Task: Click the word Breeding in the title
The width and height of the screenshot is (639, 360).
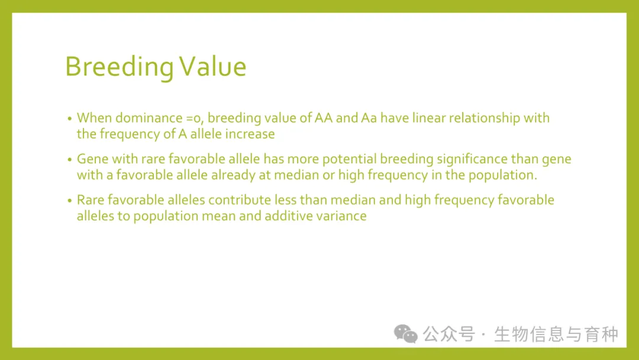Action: pyautogui.click(x=120, y=67)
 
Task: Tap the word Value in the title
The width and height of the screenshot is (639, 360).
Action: pyautogui.click(x=213, y=66)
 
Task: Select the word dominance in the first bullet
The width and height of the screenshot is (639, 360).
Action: pyautogui.click(x=149, y=118)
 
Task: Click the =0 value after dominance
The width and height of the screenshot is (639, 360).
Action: pyautogui.click(x=195, y=118)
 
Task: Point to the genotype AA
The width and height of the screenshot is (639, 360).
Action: pyautogui.click(x=324, y=118)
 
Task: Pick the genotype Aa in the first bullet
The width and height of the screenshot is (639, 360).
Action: pyautogui.click(x=369, y=118)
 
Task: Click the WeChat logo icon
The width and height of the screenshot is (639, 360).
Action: pyautogui.click(x=405, y=334)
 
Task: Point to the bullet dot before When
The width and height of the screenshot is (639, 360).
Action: pyautogui.click(x=70, y=118)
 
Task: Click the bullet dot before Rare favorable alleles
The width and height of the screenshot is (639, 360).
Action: pyautogui.click(x=70, y=201)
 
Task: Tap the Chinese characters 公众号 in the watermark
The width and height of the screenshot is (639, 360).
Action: pyautogui.click(x=448, y=335)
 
